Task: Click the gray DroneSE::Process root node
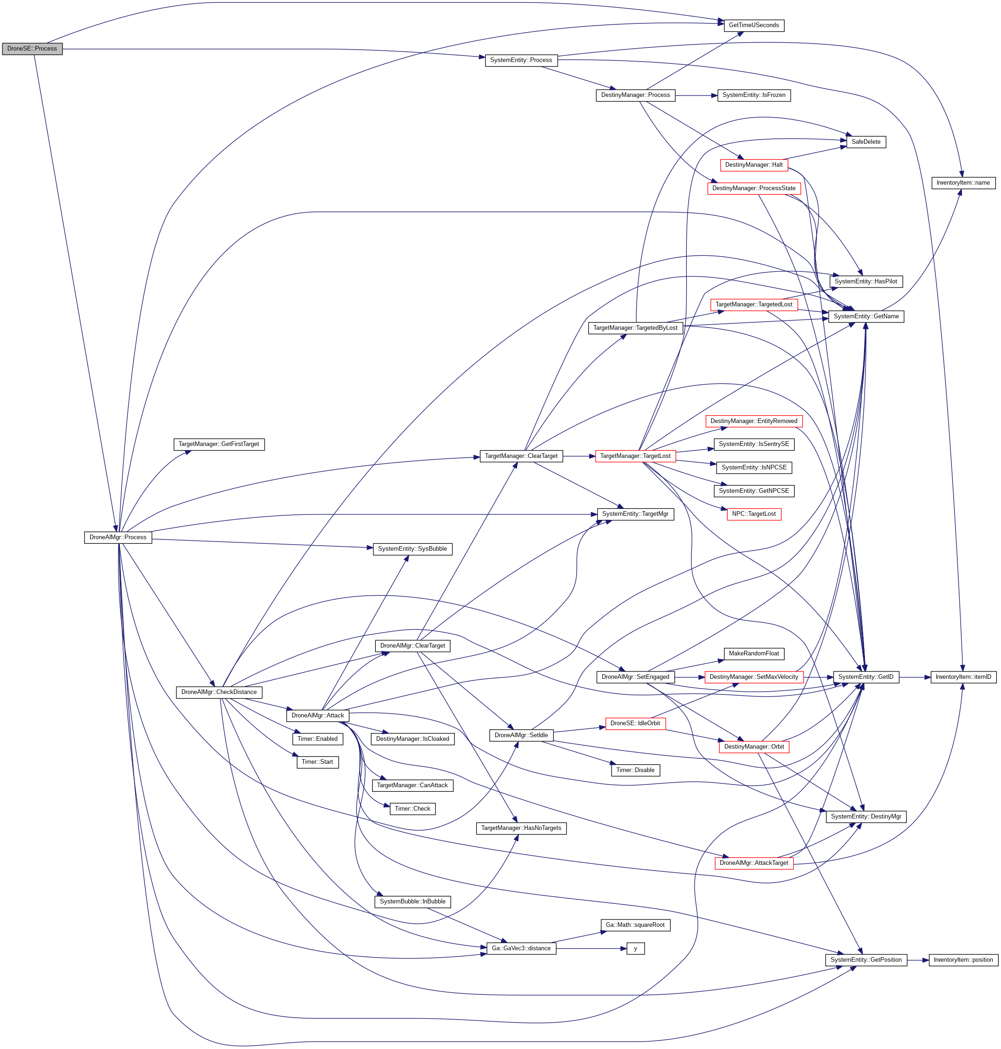click(x=32, y=49)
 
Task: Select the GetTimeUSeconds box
click(x=753, y=25)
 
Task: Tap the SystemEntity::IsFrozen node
click(x=753, y=95)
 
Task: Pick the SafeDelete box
click(x=865, y=142)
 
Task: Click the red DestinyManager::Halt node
click(x=753, y=165)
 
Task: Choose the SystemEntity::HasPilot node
click(x=865, y=281)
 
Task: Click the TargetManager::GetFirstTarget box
click(x=219, y=444)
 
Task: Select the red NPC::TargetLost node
click(x=753, y=514)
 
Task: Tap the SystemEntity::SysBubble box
click(x=413, y=548)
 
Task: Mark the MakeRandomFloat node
click(x=753, y=653)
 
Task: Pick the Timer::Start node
click(x=317, y=761)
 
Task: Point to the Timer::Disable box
click(x=635, y=770)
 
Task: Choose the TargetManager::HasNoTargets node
click(x=521, y=828)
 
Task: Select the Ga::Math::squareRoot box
click(x=635, y=925)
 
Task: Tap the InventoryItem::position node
click(x=963, y=960)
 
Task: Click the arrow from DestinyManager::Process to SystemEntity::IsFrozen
click(x=696, y=96)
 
